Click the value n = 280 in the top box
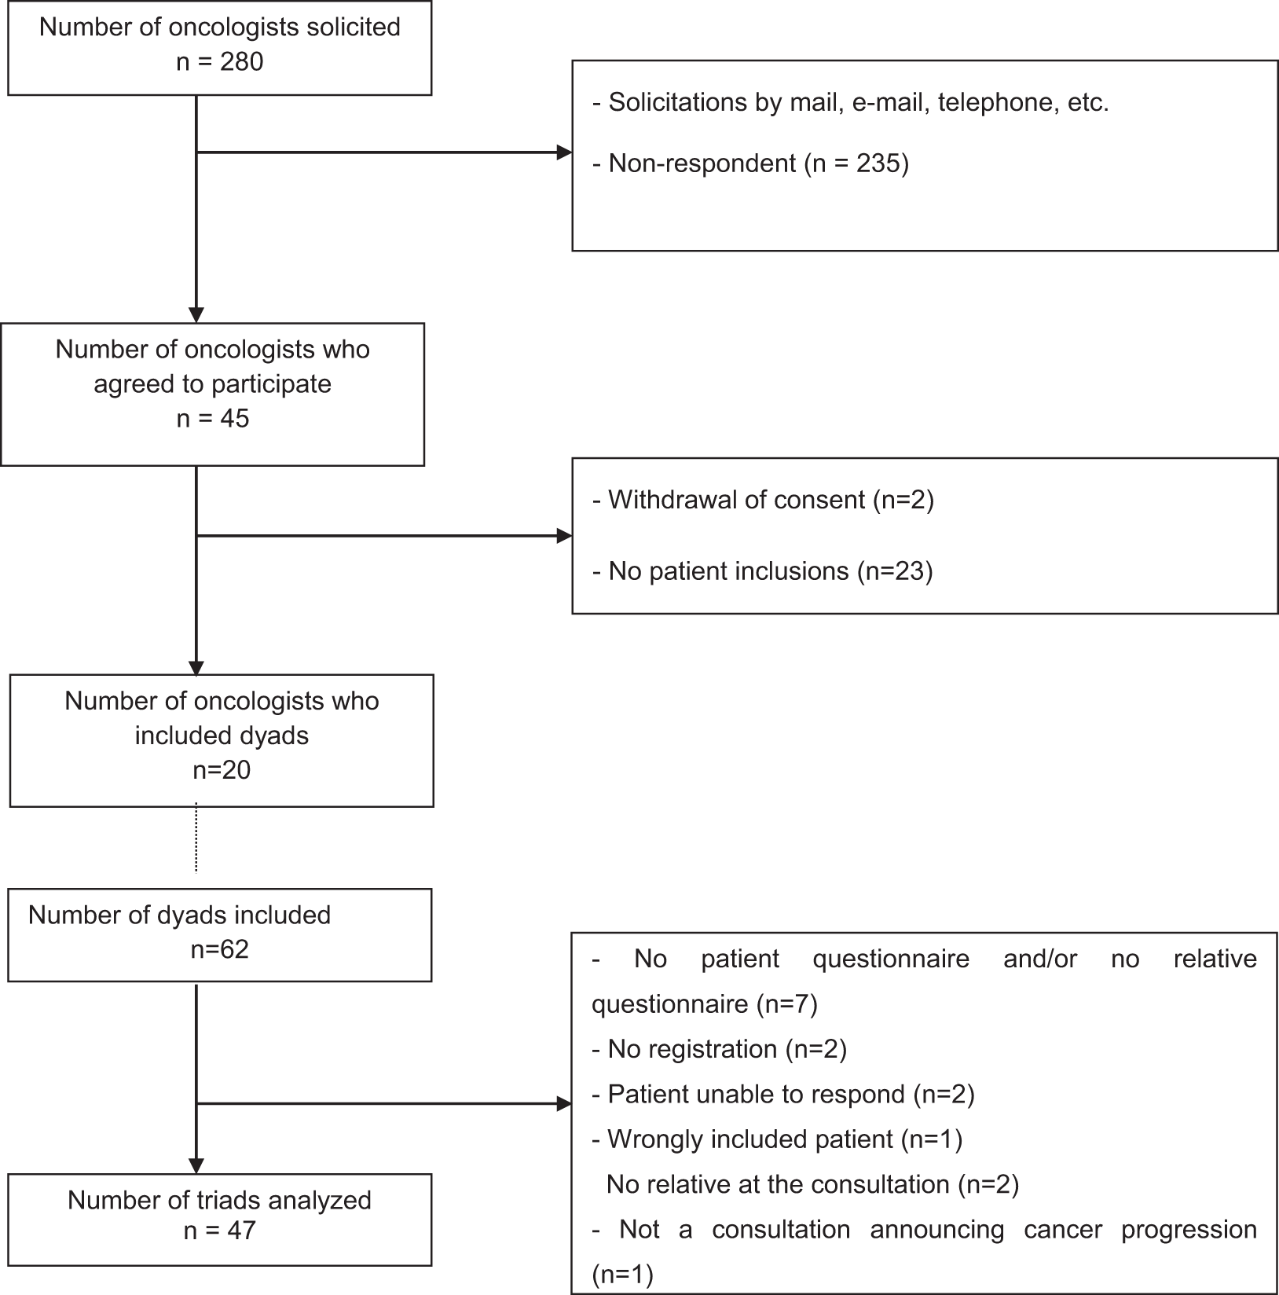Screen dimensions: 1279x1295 [220, 61]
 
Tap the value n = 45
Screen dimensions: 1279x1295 [213, 418]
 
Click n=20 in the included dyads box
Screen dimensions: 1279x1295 [222, 769]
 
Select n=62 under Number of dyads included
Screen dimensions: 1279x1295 [220, 949]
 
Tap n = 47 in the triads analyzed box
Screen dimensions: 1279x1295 [220, 1230]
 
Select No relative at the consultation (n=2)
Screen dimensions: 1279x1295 [812, 1184]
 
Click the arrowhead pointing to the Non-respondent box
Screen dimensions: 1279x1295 [564, 152]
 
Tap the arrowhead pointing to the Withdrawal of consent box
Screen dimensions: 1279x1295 [564, 536]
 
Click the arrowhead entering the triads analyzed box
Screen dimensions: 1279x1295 [196, 1166]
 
